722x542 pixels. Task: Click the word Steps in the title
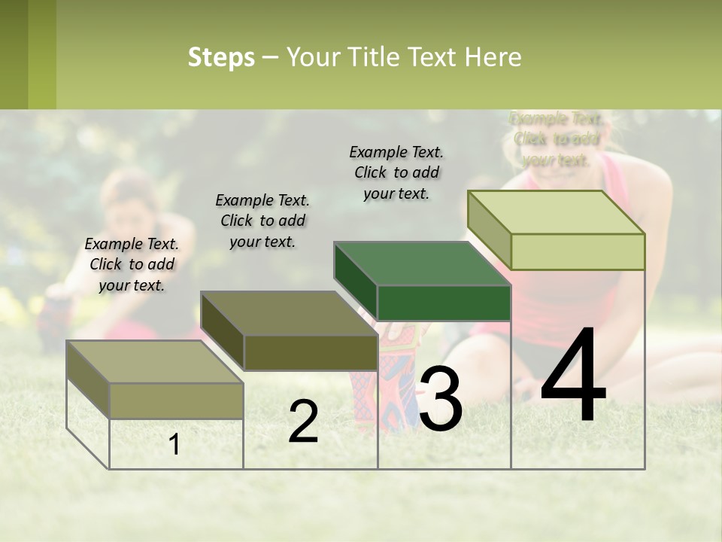click(221, 57)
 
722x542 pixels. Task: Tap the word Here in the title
click(493, 57)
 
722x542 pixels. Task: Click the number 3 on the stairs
click(441, 399)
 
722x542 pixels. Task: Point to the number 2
click(303, 422)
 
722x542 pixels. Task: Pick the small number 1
click(174, 445)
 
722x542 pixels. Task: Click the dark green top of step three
click(422, 264)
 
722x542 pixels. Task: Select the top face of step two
click(289, 313)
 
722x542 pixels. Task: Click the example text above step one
click(132, 264)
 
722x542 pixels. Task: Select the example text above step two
click(262, 221)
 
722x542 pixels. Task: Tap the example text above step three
click(396, 172)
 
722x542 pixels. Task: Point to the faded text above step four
click(557, 139)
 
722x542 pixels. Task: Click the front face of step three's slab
click(444, 303)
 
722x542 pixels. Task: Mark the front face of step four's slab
click(578, 252)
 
